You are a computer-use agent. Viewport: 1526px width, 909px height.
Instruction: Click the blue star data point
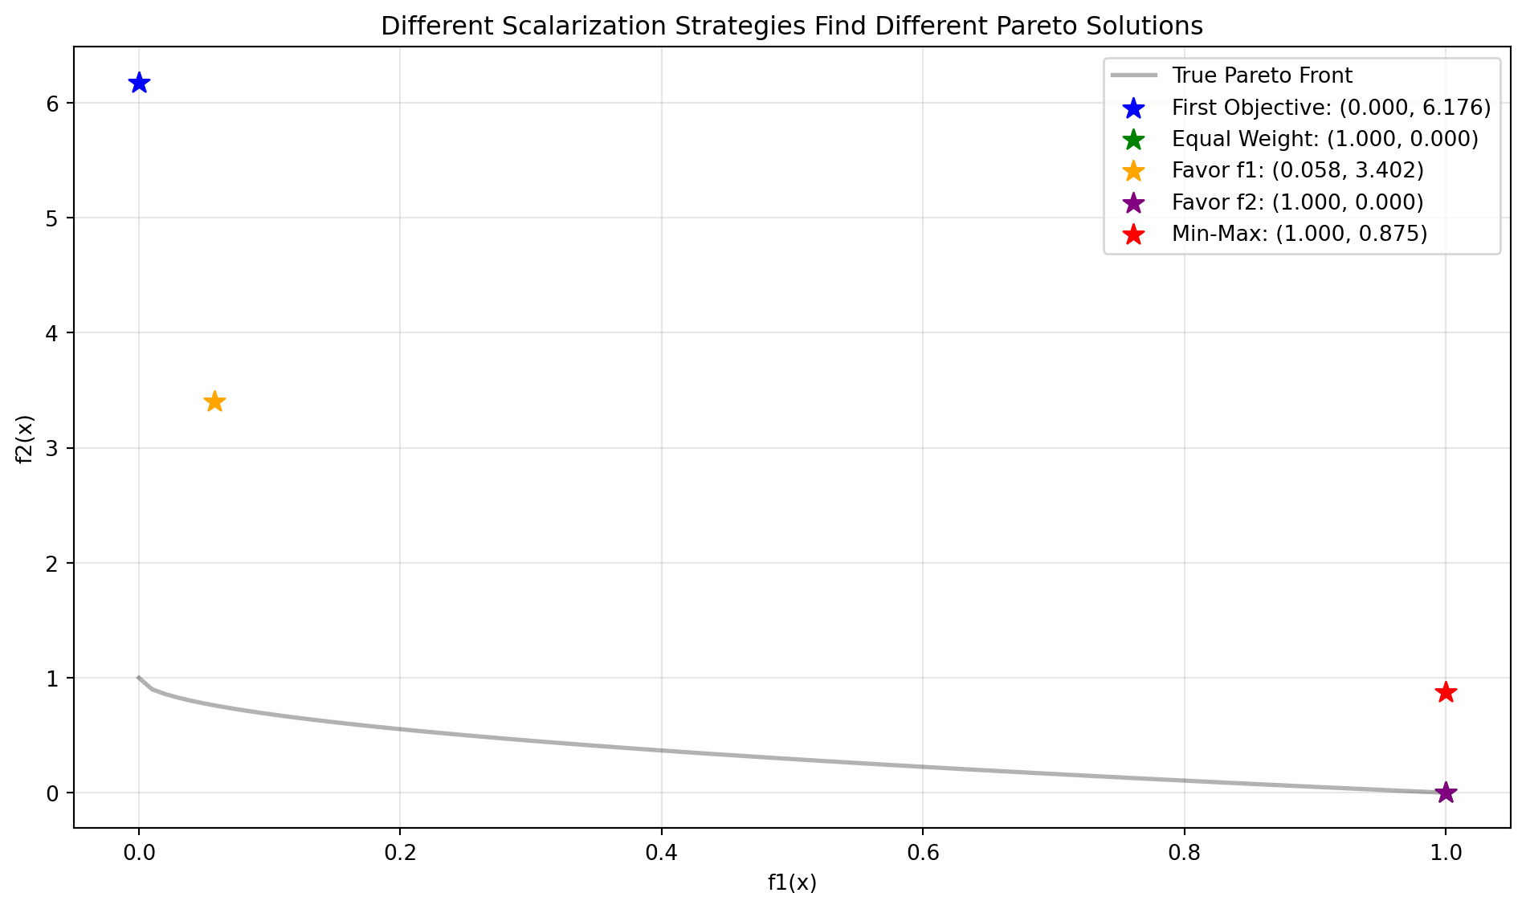(x=139, y=83)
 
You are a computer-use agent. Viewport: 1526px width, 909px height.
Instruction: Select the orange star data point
(x=214, y=402)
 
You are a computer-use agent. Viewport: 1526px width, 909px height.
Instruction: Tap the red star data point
(x=1446, y=692)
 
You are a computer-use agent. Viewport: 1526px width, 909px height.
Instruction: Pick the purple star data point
(x=1446, y=793)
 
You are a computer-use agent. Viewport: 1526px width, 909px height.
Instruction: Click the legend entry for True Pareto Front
(x=1262, y=75)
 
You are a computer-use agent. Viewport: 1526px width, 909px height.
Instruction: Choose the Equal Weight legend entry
(x=1324, y=139)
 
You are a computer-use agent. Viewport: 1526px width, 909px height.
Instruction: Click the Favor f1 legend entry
(x=1297, y=170)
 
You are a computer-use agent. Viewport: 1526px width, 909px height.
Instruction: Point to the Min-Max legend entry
(x=1300, y=234)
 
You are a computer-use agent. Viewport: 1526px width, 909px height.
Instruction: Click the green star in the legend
(x=1134, y=139)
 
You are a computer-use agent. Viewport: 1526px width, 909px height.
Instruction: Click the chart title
(x=792, y=26)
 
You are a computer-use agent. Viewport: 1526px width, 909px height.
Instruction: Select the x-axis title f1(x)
(x=792, y=883)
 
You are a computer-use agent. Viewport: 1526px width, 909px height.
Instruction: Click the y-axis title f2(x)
(x=26, y=438)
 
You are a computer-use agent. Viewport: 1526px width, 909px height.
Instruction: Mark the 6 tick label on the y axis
(x=52, y=104)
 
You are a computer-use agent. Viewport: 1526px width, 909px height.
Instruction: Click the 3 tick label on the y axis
(x=52, y=448)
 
